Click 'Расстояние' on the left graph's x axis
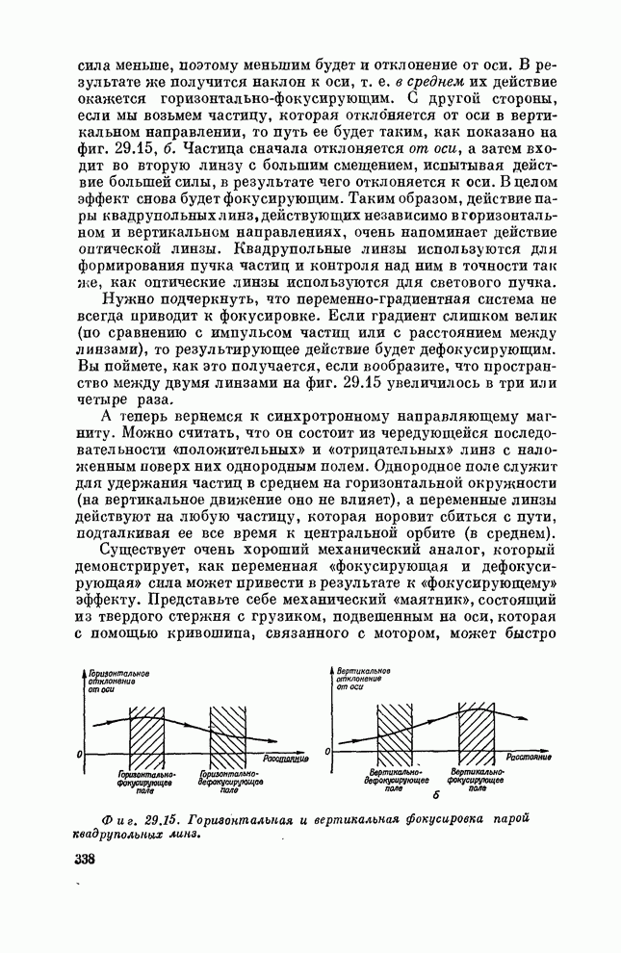tap(286, 760)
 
